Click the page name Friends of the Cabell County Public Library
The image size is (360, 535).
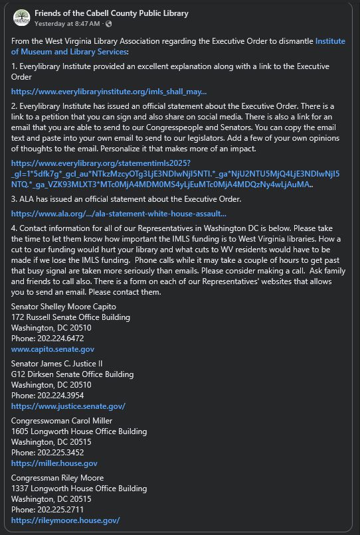coord(111,13)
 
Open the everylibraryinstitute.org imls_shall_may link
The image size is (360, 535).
coord(109,92)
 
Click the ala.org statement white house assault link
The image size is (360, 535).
coord(119,214)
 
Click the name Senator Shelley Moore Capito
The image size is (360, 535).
coord(64,306)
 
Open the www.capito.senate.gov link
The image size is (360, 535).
coord(52,348)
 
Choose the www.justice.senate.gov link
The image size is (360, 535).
coord(68,406)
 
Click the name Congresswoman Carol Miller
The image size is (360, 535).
coord(62,420)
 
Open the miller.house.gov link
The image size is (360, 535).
coord(54,463)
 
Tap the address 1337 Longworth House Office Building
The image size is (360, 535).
coord(79,489)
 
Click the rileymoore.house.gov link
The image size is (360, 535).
coord(66,520)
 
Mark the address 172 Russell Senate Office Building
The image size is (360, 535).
coord(70,317)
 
